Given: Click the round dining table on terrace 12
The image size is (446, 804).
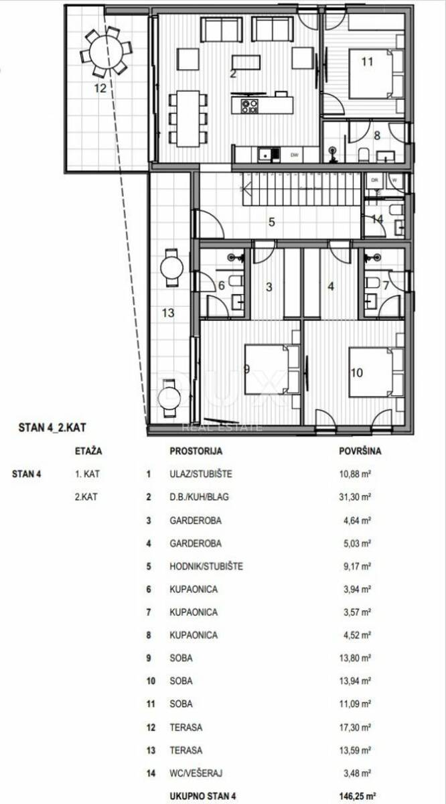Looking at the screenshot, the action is coord(106,53).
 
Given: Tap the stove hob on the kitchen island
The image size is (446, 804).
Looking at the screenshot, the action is coord(250,106).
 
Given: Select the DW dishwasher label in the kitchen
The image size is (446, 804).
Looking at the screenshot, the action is coord(295,155).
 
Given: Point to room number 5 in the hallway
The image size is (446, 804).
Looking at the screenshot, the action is coord(272,222).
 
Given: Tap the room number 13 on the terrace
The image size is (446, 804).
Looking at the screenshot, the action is coord(168,313).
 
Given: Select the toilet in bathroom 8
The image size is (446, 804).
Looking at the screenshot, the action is coord(364,154).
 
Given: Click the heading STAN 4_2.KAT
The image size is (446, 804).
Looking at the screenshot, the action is coord(52,427).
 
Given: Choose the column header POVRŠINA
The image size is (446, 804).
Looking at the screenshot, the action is coord(360,451).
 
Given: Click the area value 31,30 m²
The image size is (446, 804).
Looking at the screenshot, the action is coord(355,496).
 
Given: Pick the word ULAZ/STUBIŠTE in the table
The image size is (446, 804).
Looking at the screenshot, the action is coord(201,474).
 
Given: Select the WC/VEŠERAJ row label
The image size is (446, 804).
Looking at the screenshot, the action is coord(196,773).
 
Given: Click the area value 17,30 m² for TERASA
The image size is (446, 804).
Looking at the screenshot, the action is coord(355,727).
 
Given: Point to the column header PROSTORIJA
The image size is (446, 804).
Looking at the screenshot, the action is coord(196,451).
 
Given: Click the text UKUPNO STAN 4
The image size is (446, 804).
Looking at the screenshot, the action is coord(203,796).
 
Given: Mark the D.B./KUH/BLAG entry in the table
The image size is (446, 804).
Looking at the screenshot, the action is coord(199,496).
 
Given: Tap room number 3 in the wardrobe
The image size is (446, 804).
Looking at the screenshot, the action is coord(269,287).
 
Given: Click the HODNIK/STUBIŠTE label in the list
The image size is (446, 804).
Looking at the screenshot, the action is coord(206,566).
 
